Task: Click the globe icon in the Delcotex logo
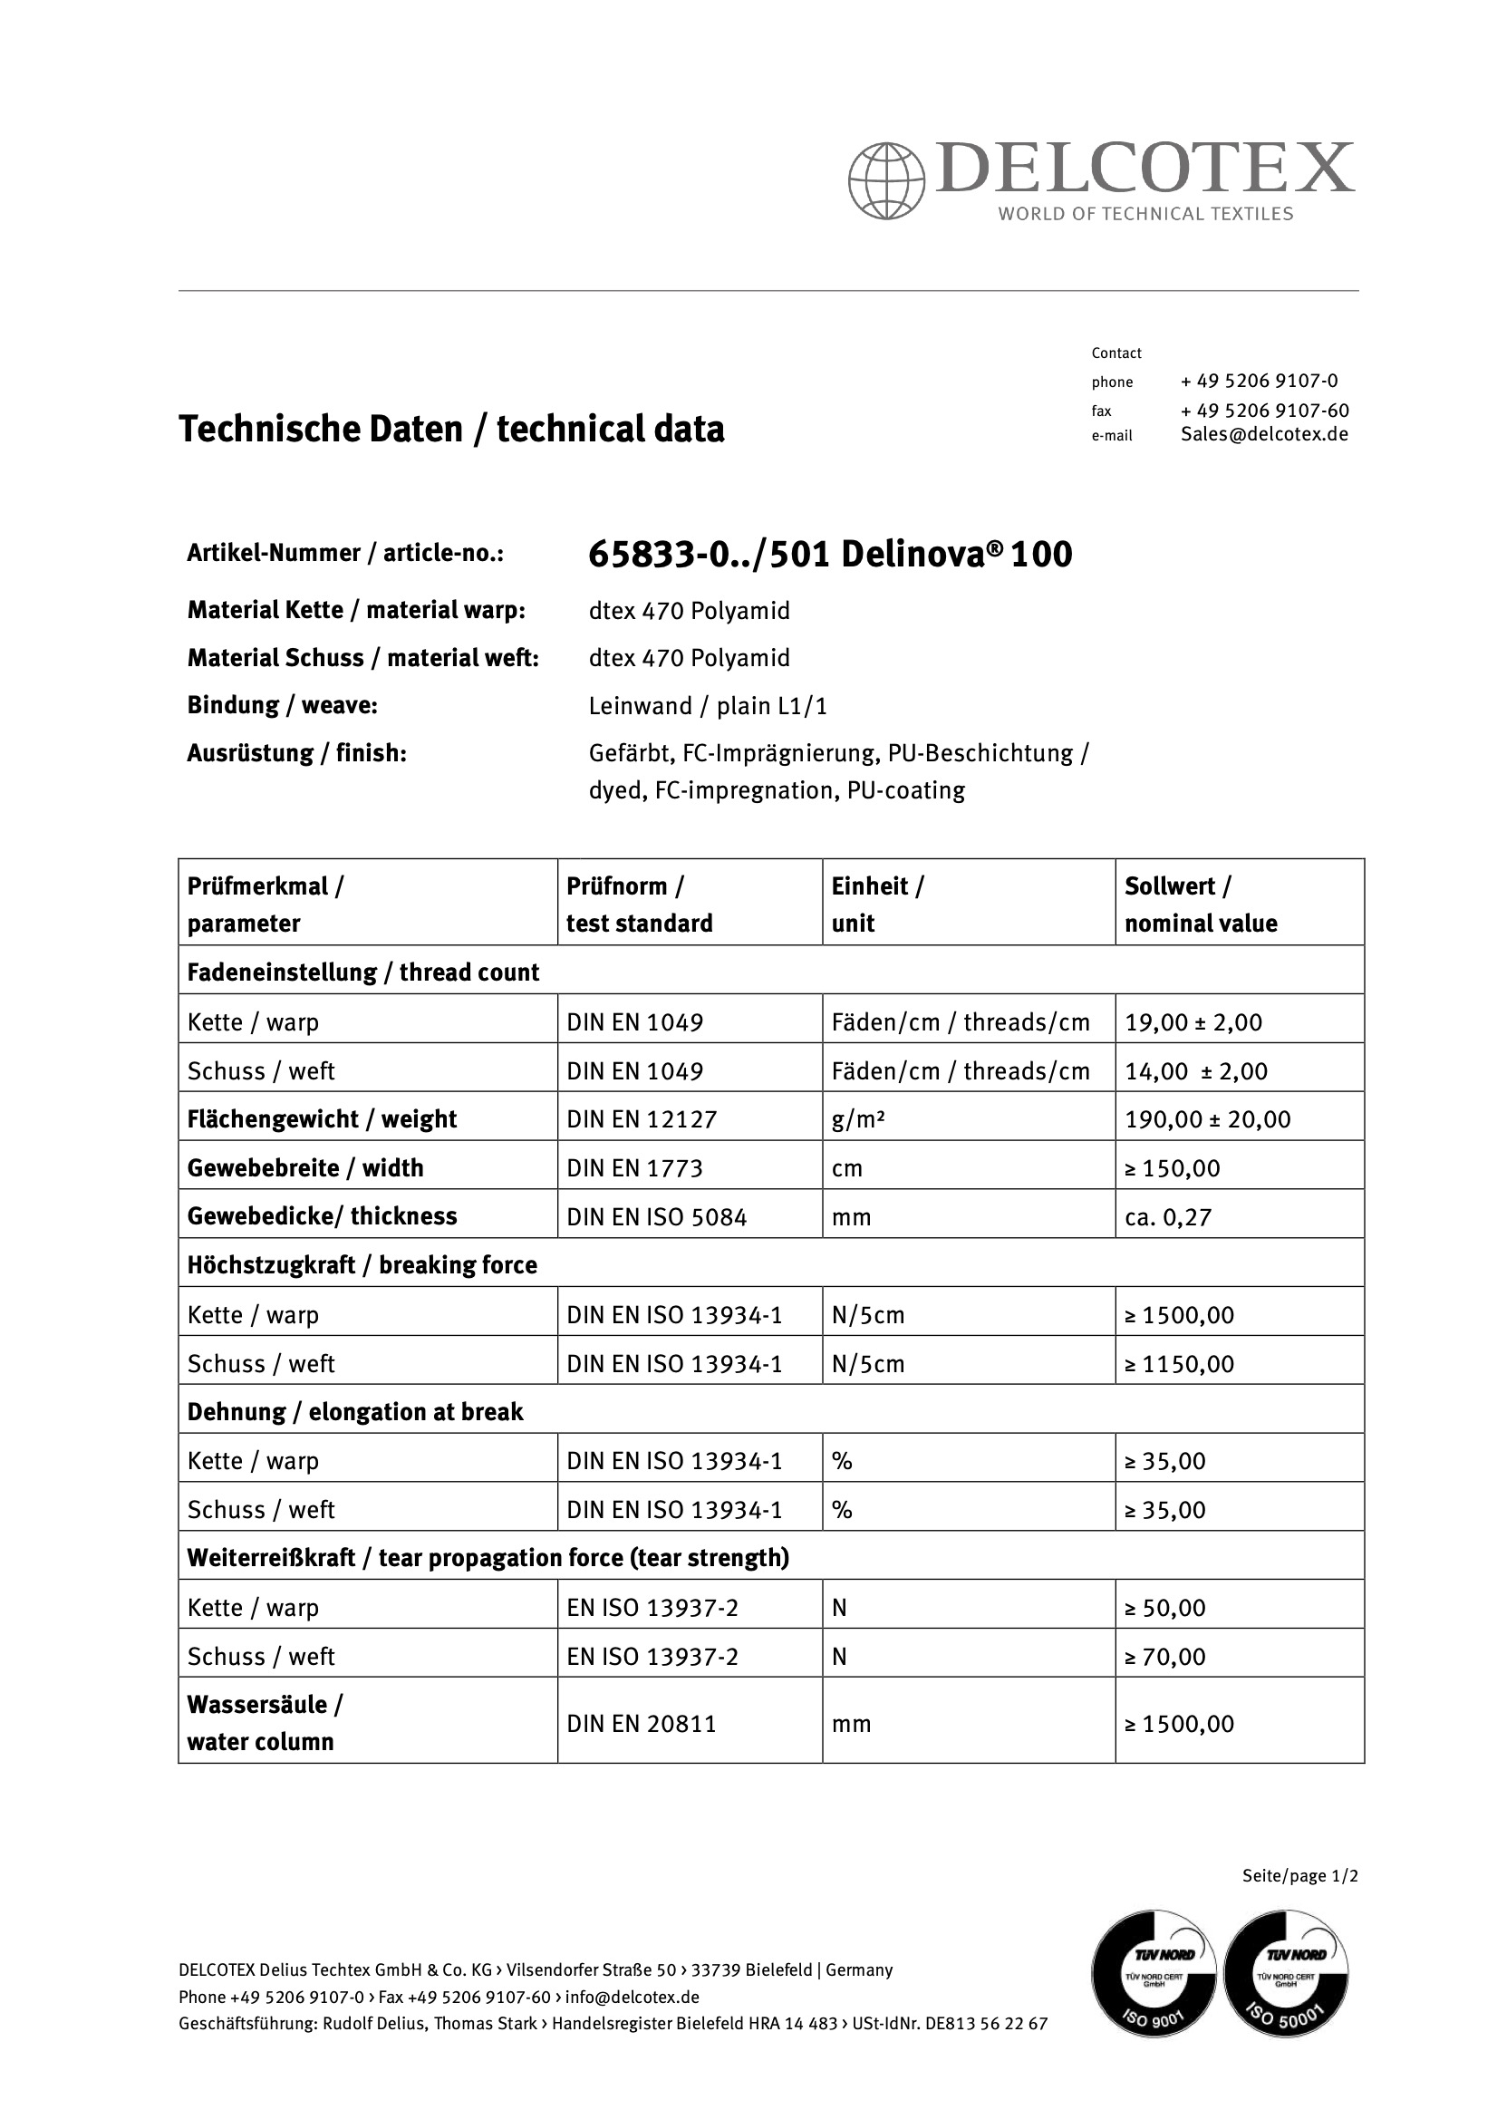(886, 181)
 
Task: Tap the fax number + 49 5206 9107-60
(1264, 410)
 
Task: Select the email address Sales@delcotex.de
(1264, 435)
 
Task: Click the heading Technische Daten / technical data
(451, 430)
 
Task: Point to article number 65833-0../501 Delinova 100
(830, 554)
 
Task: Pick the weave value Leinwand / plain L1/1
(708, 706)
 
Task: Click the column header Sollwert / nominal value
(1201, 905)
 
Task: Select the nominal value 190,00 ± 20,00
(1207, 1119)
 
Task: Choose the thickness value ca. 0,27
(1167, 1217)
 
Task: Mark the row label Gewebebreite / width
(305, 1168)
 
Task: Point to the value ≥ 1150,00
(1179, 1364)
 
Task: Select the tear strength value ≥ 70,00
(1164, 1657)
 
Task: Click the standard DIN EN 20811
(642, 1724)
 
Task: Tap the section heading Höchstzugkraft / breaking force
(362, 1265)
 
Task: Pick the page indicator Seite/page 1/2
(1299, 1875)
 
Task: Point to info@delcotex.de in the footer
(633, 1998)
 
